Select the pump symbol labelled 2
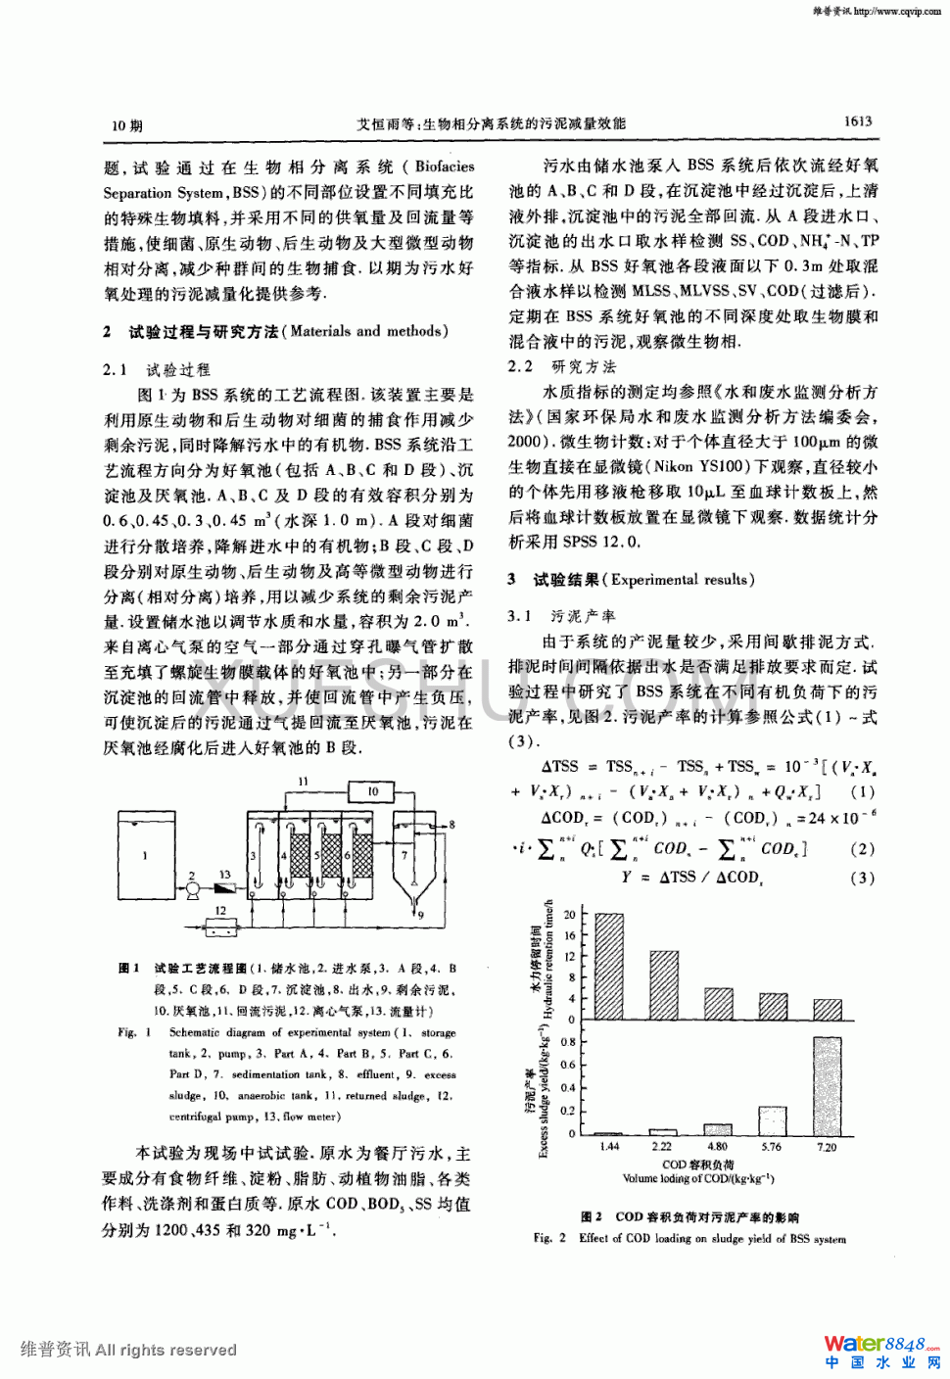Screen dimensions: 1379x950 (194, 889)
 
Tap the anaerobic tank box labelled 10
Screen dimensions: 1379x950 (372, 791)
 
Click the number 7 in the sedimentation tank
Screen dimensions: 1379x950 (404, 855)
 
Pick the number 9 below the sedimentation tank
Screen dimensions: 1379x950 (421, 916)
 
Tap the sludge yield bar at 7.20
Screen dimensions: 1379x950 (827, 1084)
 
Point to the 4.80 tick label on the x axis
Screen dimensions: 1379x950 (718, 1146)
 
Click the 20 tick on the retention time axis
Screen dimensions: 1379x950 (569, 915)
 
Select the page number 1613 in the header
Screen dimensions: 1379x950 (857, 121)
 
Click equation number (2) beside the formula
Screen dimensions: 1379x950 (862, 849)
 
